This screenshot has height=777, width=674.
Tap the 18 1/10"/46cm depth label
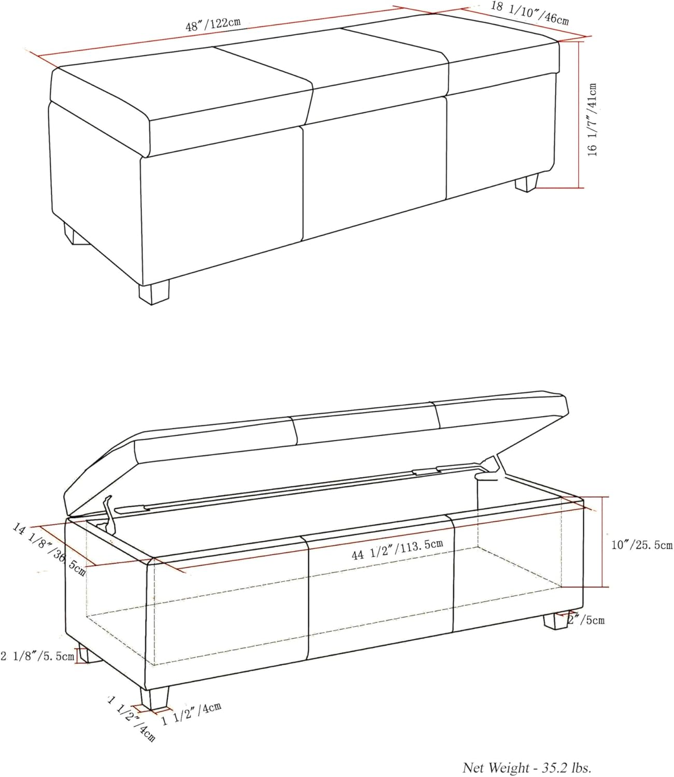coord(529,13)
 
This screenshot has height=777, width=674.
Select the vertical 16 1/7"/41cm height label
coord(592,120)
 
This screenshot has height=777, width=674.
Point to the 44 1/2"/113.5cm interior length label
coord(397,550)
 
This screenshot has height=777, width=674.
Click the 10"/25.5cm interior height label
coord(642,545)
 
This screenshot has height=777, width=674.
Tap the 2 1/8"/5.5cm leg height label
coord(37,656)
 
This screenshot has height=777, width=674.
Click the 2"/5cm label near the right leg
coord(586,620)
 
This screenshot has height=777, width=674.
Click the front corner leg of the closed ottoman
coord(154,293)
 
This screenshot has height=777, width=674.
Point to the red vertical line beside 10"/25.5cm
coord(602,541)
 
